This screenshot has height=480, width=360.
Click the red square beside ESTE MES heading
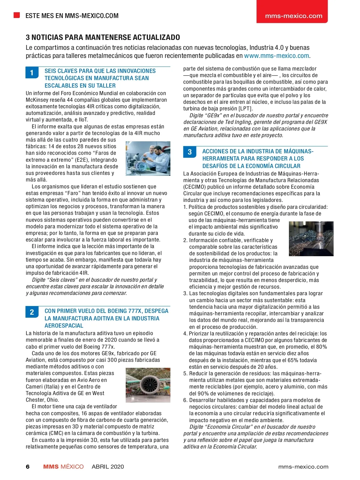point(17,15)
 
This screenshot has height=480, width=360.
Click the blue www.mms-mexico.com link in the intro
point(276,56)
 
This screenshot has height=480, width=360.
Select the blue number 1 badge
point(32,73)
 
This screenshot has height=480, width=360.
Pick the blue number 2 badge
point(32,312)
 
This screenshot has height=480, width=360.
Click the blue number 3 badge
point(190,152)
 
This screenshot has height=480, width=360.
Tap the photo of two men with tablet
point(148,158)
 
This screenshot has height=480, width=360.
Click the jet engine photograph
point(148,385)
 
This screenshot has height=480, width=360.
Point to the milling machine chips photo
point(311,238)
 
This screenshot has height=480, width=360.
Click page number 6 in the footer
point(28,466)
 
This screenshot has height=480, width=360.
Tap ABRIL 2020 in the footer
point(108,466)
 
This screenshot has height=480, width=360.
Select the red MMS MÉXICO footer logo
point(63,466)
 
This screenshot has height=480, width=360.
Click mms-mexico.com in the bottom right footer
point(303,466)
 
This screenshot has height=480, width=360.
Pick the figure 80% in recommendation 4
point(321,347)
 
